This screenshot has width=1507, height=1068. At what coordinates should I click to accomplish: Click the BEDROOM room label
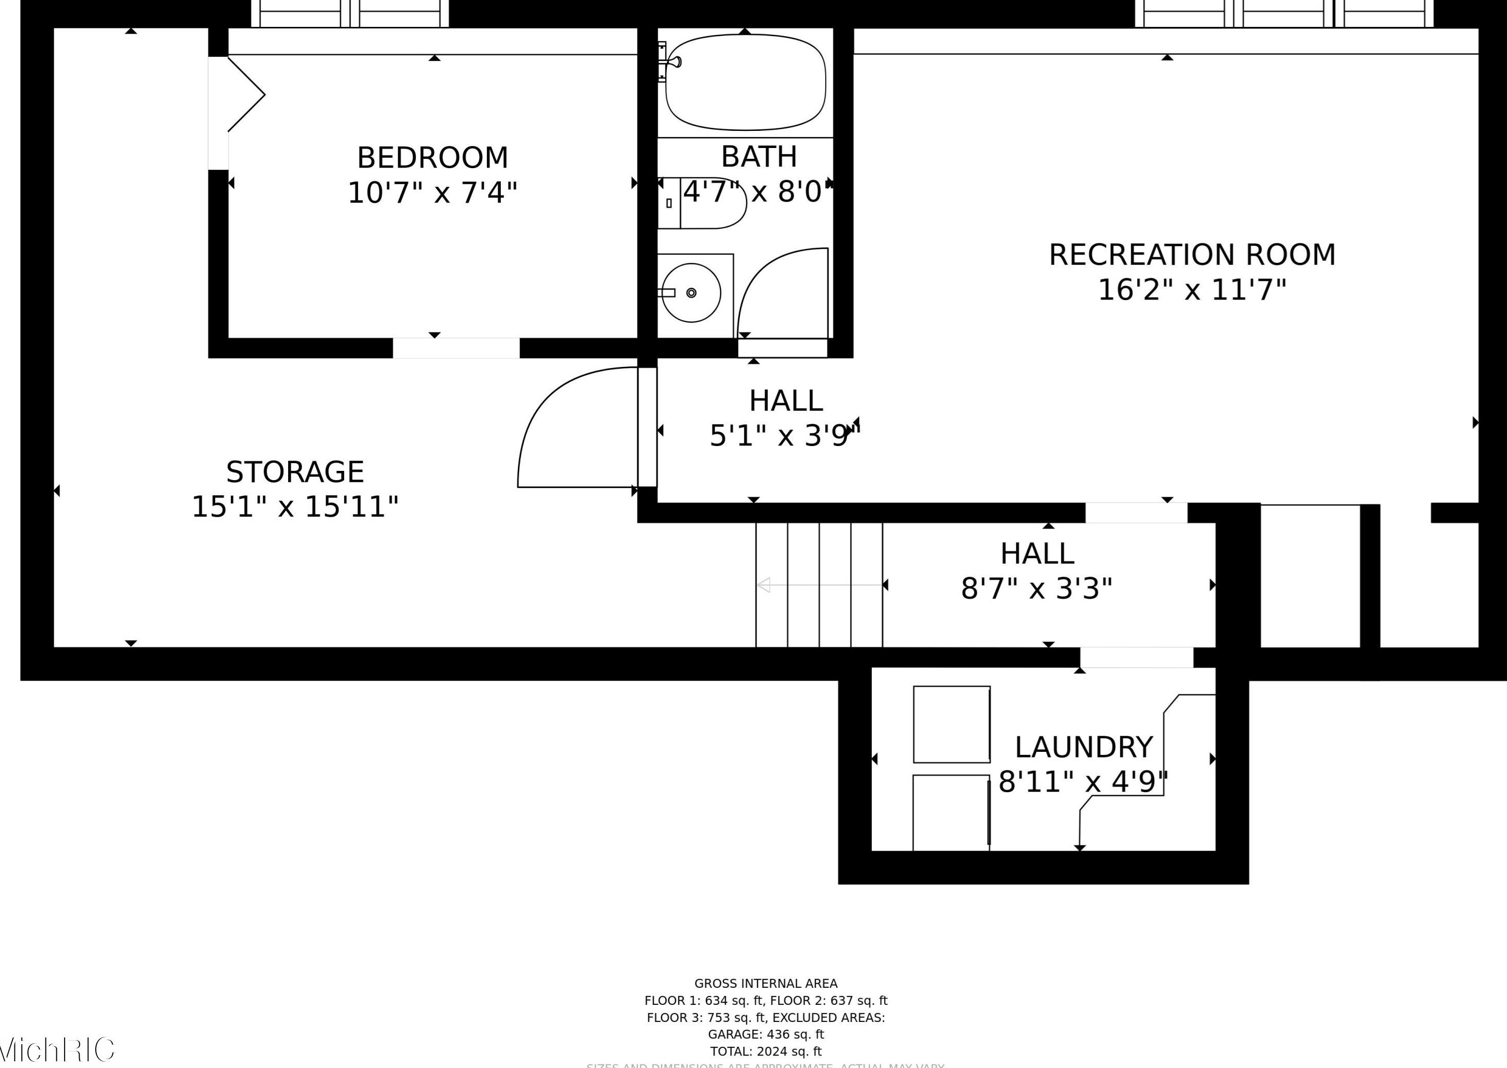pyautogui.click(x=432, y=158)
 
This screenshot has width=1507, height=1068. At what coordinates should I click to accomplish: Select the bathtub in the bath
pyautogui.click(x=745, y=82)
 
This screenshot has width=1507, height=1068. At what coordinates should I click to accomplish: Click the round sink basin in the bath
pyautogui.click(x=690, y=293)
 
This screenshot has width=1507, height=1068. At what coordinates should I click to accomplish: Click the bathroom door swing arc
pyautogui.click(x=776, y=283)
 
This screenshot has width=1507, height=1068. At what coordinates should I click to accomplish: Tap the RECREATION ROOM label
pyautogui.click(x=1191, y=255)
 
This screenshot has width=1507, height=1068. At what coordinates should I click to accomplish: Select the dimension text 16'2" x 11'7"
pyautogui.click(x=1191, y=290)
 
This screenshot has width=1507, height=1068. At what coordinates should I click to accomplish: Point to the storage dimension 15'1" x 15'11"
pyautogui.click(x=294, y=507)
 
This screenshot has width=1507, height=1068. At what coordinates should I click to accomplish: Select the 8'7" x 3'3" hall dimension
pyautogui.click(x=1036, y=588)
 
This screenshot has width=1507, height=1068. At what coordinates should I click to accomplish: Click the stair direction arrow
pyautogui.click(x=818, y=585)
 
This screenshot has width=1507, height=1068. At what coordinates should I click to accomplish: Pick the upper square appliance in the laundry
pyautogui.click(x=951, y=724)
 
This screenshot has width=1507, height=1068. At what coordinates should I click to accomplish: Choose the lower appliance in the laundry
pyautogui.click(x=951, y=812)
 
